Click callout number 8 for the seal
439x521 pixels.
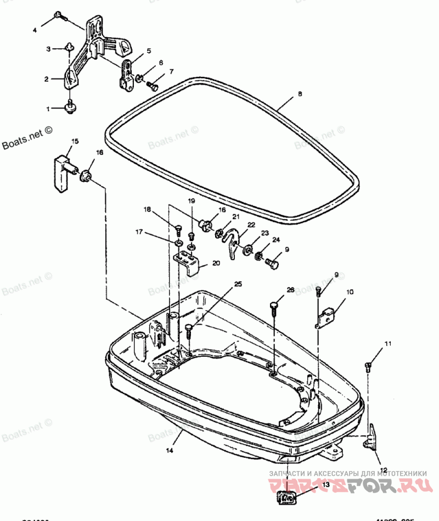coord(300,94)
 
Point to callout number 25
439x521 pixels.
coord(238,284)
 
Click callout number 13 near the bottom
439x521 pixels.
coord(326,484)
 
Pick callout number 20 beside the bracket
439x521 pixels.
coord(216,263)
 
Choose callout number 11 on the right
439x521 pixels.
coord(388,344)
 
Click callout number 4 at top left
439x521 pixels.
coord(35,30)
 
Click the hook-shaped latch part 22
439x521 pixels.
coord(235,241)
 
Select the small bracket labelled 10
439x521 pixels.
coord(328,315)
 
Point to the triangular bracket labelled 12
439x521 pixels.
coord(373,438)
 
